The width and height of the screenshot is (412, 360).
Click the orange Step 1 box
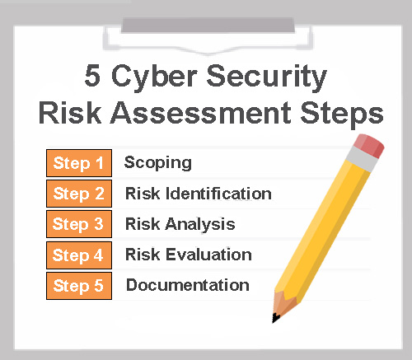pos(79,163)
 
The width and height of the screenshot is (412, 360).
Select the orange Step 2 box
pos(79,194)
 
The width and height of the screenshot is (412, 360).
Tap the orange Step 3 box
pos(79,224)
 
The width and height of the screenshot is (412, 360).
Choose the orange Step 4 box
pos(79,255)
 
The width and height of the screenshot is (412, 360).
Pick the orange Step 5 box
pos(79,286)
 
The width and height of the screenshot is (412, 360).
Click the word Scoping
pos(158,163)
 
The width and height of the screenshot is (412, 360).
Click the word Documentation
pos(188,285)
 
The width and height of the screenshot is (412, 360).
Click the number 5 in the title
pos(92,76)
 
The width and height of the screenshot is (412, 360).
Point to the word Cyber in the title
pos(154,77)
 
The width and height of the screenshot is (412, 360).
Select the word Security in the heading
pos(267,77)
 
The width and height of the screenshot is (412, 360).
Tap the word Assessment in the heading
pos(201,113)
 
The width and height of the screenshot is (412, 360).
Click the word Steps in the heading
pos(342,115)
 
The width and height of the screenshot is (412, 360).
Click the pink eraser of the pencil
pos(369,146)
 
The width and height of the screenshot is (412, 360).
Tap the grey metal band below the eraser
pos(362,159)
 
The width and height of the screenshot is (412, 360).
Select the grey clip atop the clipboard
pos(208,25)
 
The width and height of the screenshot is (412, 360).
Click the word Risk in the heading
pos(70,113)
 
